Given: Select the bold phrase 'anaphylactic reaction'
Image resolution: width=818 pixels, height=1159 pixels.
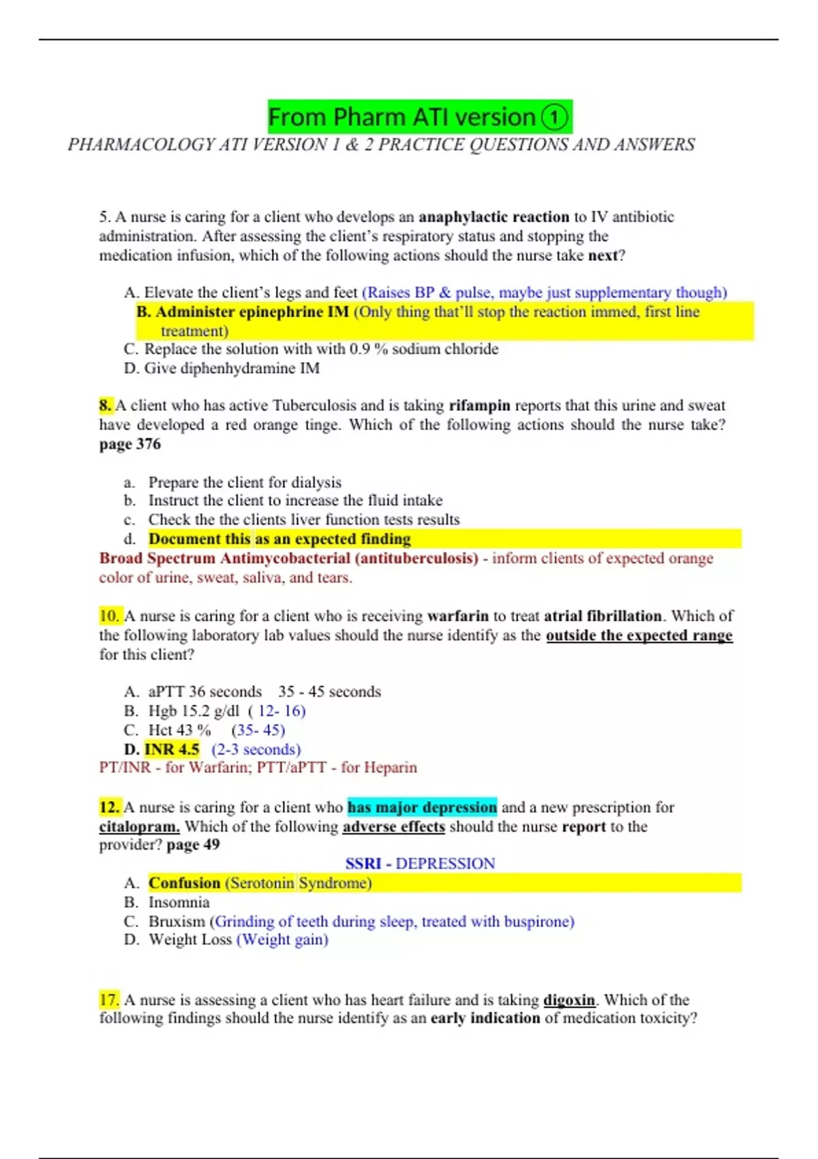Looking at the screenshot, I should click(x=494, y=217).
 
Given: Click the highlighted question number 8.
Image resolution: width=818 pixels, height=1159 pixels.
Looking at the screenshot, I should click(x=106, y=406).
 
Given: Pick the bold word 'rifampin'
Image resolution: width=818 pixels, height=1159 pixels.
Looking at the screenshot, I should click(x=479, y=406).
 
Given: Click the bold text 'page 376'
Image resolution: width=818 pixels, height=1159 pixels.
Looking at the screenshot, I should click(x=130, y=444).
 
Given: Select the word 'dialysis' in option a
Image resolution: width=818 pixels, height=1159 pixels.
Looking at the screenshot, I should click(x=316, y=482).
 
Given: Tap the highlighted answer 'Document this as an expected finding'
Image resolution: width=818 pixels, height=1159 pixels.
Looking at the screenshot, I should click(x=279, y=539).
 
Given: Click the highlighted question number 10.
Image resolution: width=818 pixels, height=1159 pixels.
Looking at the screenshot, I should click(x=109, y=616).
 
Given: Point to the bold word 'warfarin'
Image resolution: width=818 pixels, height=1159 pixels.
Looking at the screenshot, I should click(x=457, y=616).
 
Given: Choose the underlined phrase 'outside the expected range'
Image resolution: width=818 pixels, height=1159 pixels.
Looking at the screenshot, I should click(x=639, y=635).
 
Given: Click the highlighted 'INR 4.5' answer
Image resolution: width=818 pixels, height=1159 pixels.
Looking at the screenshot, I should click(x=172, y=749).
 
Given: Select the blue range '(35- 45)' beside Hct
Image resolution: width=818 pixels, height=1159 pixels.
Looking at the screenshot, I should click(x=258, y=730).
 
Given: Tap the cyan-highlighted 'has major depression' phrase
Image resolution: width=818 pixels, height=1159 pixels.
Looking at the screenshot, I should click(x=422, y=807).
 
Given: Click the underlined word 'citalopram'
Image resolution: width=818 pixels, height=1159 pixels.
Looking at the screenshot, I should click(x=139, y=827).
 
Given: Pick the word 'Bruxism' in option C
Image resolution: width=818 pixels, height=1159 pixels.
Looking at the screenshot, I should click(x=177, y=922).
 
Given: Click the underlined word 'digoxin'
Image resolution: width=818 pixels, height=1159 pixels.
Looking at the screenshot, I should click(x=569, y=1000).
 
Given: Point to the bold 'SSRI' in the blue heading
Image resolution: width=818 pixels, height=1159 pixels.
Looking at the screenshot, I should click(x=363, y=864).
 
